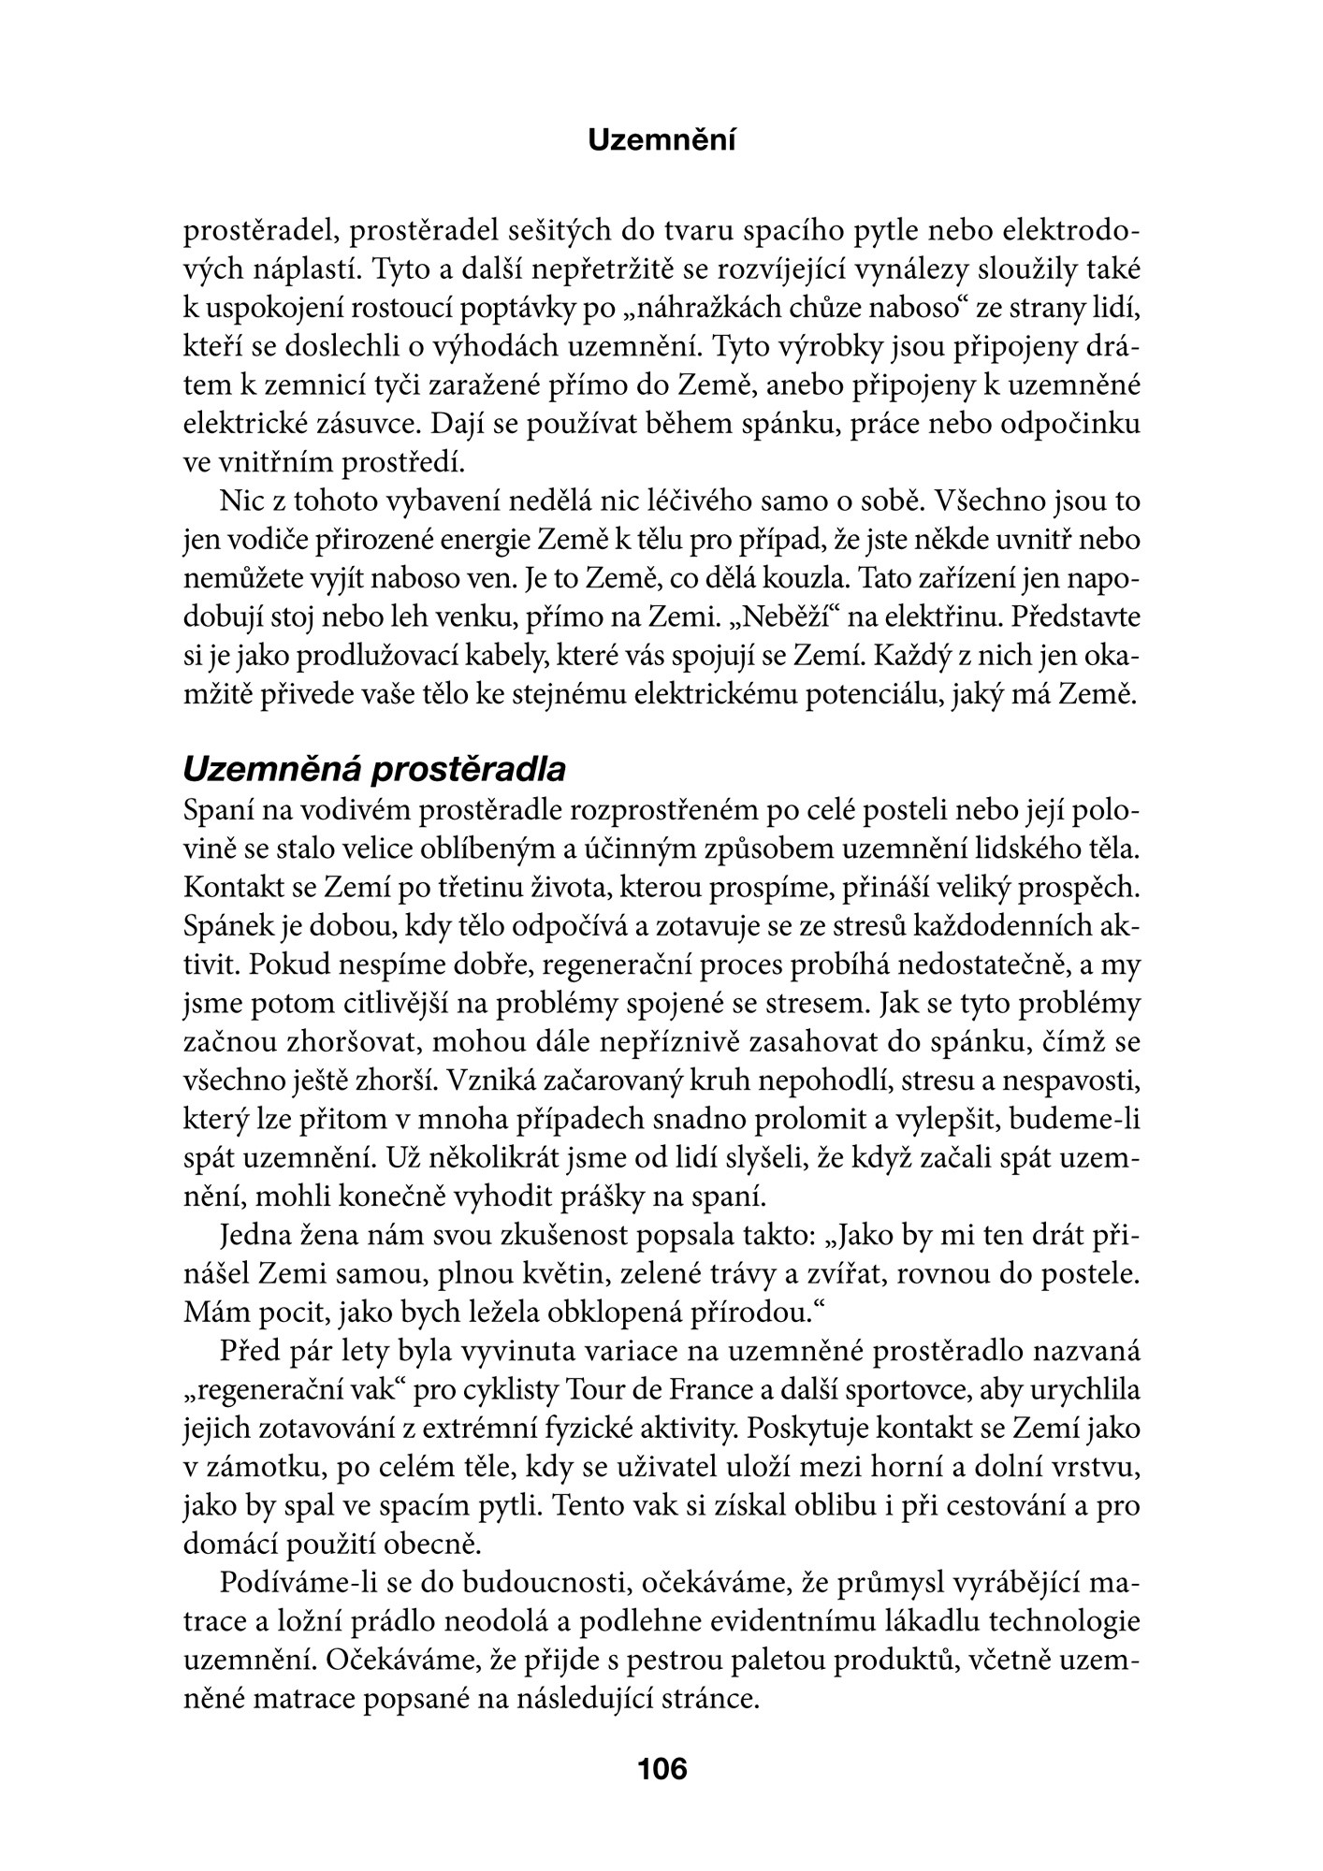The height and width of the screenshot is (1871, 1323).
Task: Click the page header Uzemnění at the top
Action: point(661,141)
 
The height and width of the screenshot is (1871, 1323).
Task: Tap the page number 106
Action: point(661,1768)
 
